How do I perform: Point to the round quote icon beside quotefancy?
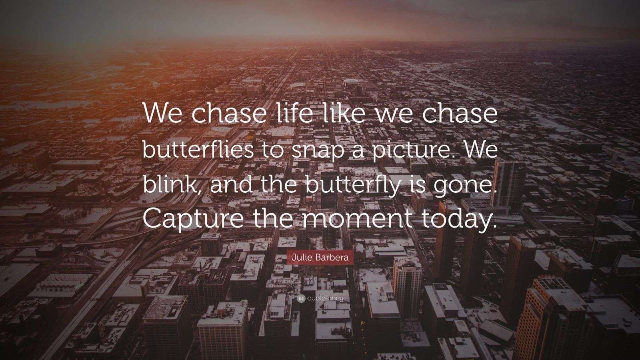coord(301,298)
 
